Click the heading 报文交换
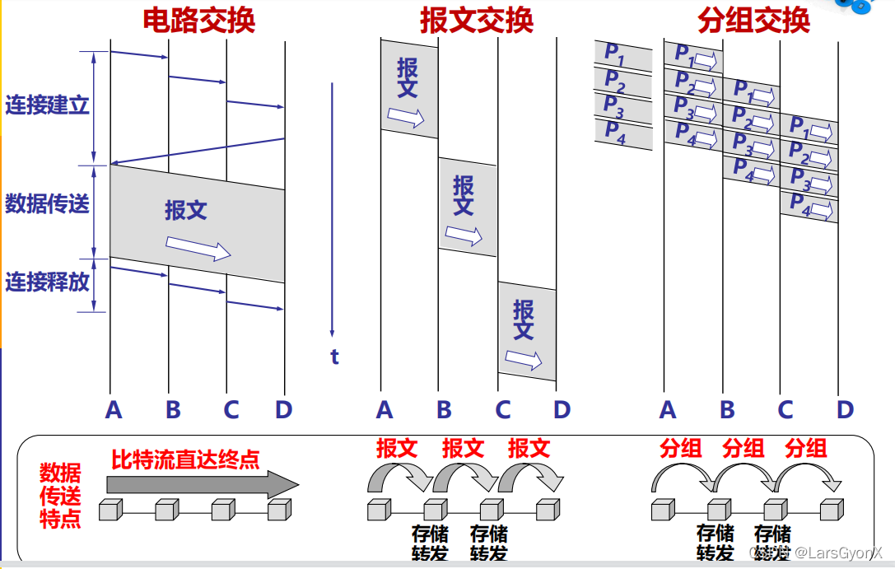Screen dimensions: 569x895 (x=477, y=20)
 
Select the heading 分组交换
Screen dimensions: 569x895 (x=753, y=20)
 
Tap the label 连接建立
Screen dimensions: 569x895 (x=47, y=105)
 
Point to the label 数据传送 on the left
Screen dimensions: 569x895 (x=47, y=203)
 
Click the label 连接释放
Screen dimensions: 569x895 (x=47, y=282)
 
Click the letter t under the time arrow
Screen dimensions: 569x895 (x=334, y=357)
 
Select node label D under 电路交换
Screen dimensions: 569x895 (x=283, y=409)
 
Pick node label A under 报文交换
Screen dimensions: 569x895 (x=384, y=409)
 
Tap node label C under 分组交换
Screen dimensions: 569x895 (x=785, y=409)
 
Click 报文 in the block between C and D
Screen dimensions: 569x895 (x=524, y=319)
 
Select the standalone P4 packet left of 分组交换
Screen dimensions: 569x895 (x=622, y=133)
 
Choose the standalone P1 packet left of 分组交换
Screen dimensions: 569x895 (x=622, y=54)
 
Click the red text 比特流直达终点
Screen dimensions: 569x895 (x=185, y=459)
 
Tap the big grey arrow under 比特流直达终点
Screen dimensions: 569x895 (x=203, y=483)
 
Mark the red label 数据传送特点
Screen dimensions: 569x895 (x=61, y=496)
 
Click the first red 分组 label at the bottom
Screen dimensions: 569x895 (x=681, y=448)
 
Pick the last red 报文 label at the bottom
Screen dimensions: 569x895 (x=529, y=448)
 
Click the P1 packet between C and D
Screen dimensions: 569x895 (x=809, y=129)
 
